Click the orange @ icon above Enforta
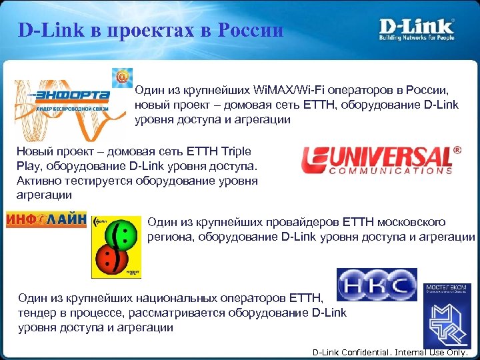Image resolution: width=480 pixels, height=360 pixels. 122,78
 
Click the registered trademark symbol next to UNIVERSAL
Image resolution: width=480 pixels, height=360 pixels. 457,151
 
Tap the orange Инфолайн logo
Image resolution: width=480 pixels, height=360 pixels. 46,219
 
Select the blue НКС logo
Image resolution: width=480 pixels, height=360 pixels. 377,285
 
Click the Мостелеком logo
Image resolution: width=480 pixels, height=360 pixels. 446,313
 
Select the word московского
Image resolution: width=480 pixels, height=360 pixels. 413,222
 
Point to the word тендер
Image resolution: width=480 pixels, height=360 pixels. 38,313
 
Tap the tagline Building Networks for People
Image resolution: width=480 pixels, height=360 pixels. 417,38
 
